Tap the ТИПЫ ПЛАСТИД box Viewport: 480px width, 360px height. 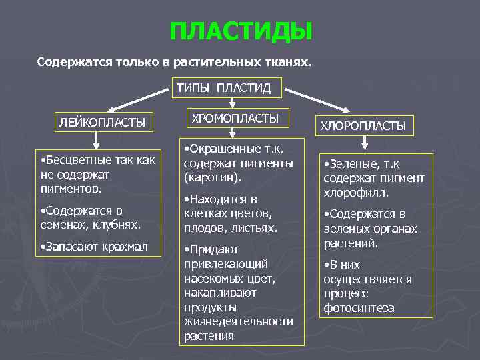[228, 87]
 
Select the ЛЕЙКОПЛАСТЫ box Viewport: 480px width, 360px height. [102, 122]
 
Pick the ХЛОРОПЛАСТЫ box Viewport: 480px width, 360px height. [363, 125]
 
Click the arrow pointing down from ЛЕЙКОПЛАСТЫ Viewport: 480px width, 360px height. [97, 139]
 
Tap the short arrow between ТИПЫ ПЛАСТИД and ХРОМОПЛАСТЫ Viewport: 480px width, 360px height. [231, 102]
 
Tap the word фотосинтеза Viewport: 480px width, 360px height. [359, 309]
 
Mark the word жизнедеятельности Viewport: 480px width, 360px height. [238, 321]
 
